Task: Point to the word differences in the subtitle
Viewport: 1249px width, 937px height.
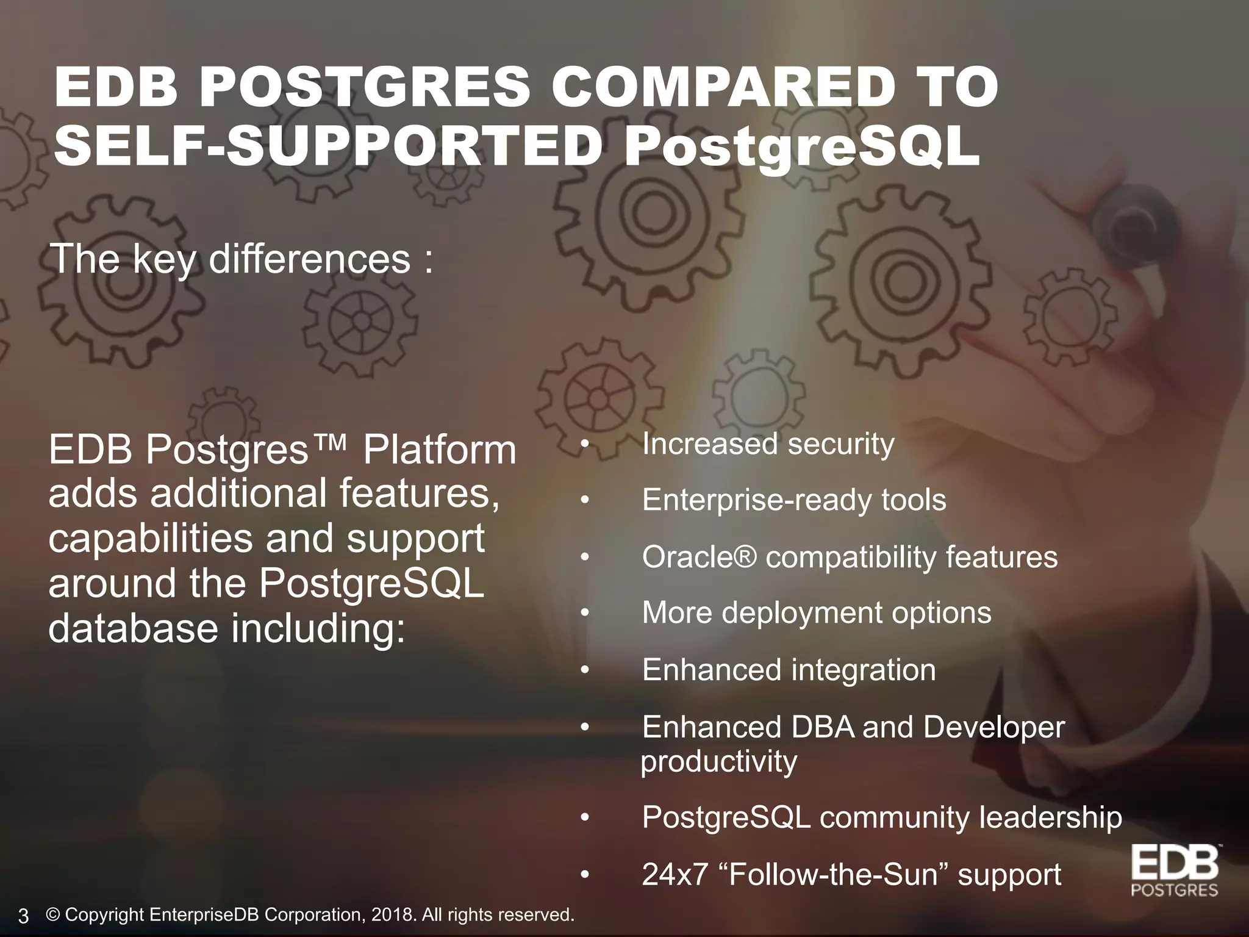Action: coord(310,259)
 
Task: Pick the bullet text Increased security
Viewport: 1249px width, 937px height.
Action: coord(768,443)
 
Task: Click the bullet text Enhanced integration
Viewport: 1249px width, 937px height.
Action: coord(789,670)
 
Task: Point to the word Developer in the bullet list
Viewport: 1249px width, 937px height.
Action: coord(993,727)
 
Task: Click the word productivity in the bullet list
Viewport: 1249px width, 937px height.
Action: coord(719,761)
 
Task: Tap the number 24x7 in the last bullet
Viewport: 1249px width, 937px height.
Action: coord(675,874)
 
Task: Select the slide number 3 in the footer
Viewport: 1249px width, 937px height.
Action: coord(24,916)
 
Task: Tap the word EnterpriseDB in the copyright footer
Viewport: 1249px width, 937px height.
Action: coord(205,915)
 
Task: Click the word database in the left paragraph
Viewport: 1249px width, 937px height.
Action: coord(133,628)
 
